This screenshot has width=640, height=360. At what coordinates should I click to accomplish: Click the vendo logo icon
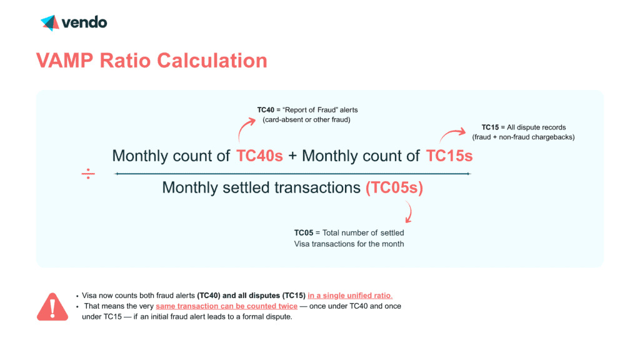click(49, 23)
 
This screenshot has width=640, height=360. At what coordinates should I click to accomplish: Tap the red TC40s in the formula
click(259, 156)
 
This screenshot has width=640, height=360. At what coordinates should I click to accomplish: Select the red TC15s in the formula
click(449, 156)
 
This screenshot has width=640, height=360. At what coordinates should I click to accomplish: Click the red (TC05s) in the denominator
click(394, 187)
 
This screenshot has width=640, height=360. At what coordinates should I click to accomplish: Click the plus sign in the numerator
click(292, 156)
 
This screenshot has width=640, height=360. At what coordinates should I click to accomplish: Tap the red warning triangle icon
click(52, 306)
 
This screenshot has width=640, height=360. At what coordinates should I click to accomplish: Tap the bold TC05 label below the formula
click(304, 233)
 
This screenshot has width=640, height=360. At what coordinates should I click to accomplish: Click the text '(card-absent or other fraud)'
click(303, 119)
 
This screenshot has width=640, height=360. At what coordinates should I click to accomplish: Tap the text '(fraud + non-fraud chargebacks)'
click(524, 137)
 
